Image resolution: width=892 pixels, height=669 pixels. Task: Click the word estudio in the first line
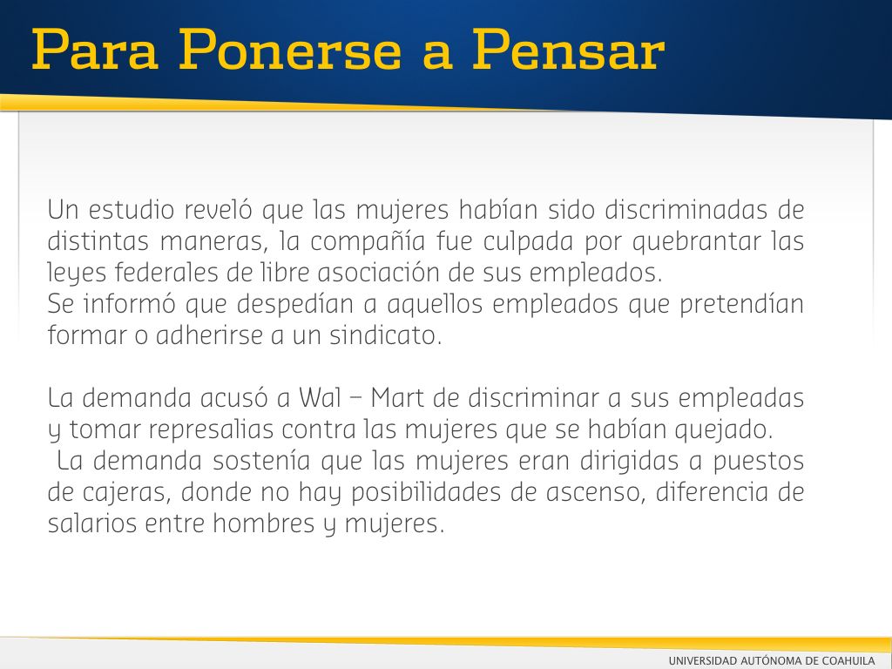(x=131, y=209)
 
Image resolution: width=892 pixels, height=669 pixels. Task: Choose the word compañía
(x=368, y=241)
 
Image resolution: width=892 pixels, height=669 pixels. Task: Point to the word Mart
(x=397, y=397)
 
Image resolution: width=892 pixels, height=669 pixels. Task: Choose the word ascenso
(x=596, y=492)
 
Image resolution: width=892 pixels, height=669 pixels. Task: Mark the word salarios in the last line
(x=92, y=524)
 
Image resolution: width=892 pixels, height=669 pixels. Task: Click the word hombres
(x=263, y=524)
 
